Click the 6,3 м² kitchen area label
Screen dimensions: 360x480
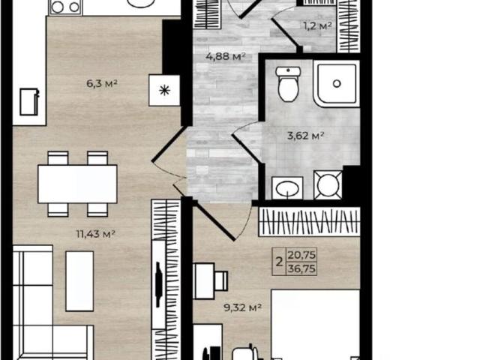tap(102, 84)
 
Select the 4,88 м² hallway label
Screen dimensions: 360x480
tap(226, 56)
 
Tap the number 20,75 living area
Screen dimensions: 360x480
tap(302, 256)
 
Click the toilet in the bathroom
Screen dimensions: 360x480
tap(288, 85)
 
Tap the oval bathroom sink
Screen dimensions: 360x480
tap(288, 187)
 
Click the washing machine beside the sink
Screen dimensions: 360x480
tap(328, 184)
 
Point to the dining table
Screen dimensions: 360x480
tap(77, 183)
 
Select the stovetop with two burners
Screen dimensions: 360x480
tap(65, 6)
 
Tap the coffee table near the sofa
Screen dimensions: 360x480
tap(79, 280)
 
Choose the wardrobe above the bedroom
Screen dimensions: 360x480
tap(309, 221)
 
